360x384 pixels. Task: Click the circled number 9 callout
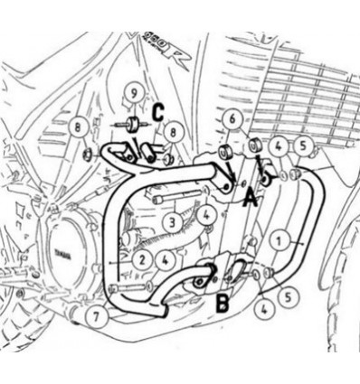point(132,94)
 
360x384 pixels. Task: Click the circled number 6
point(231,119)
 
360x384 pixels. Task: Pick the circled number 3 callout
point(170,220)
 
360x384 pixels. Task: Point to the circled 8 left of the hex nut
point(79,126)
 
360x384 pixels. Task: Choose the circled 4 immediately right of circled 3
point(207,214)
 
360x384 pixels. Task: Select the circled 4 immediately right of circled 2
point(166,259)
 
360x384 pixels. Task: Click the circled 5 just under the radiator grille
point(304,145)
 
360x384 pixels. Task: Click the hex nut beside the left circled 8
point(87,155)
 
